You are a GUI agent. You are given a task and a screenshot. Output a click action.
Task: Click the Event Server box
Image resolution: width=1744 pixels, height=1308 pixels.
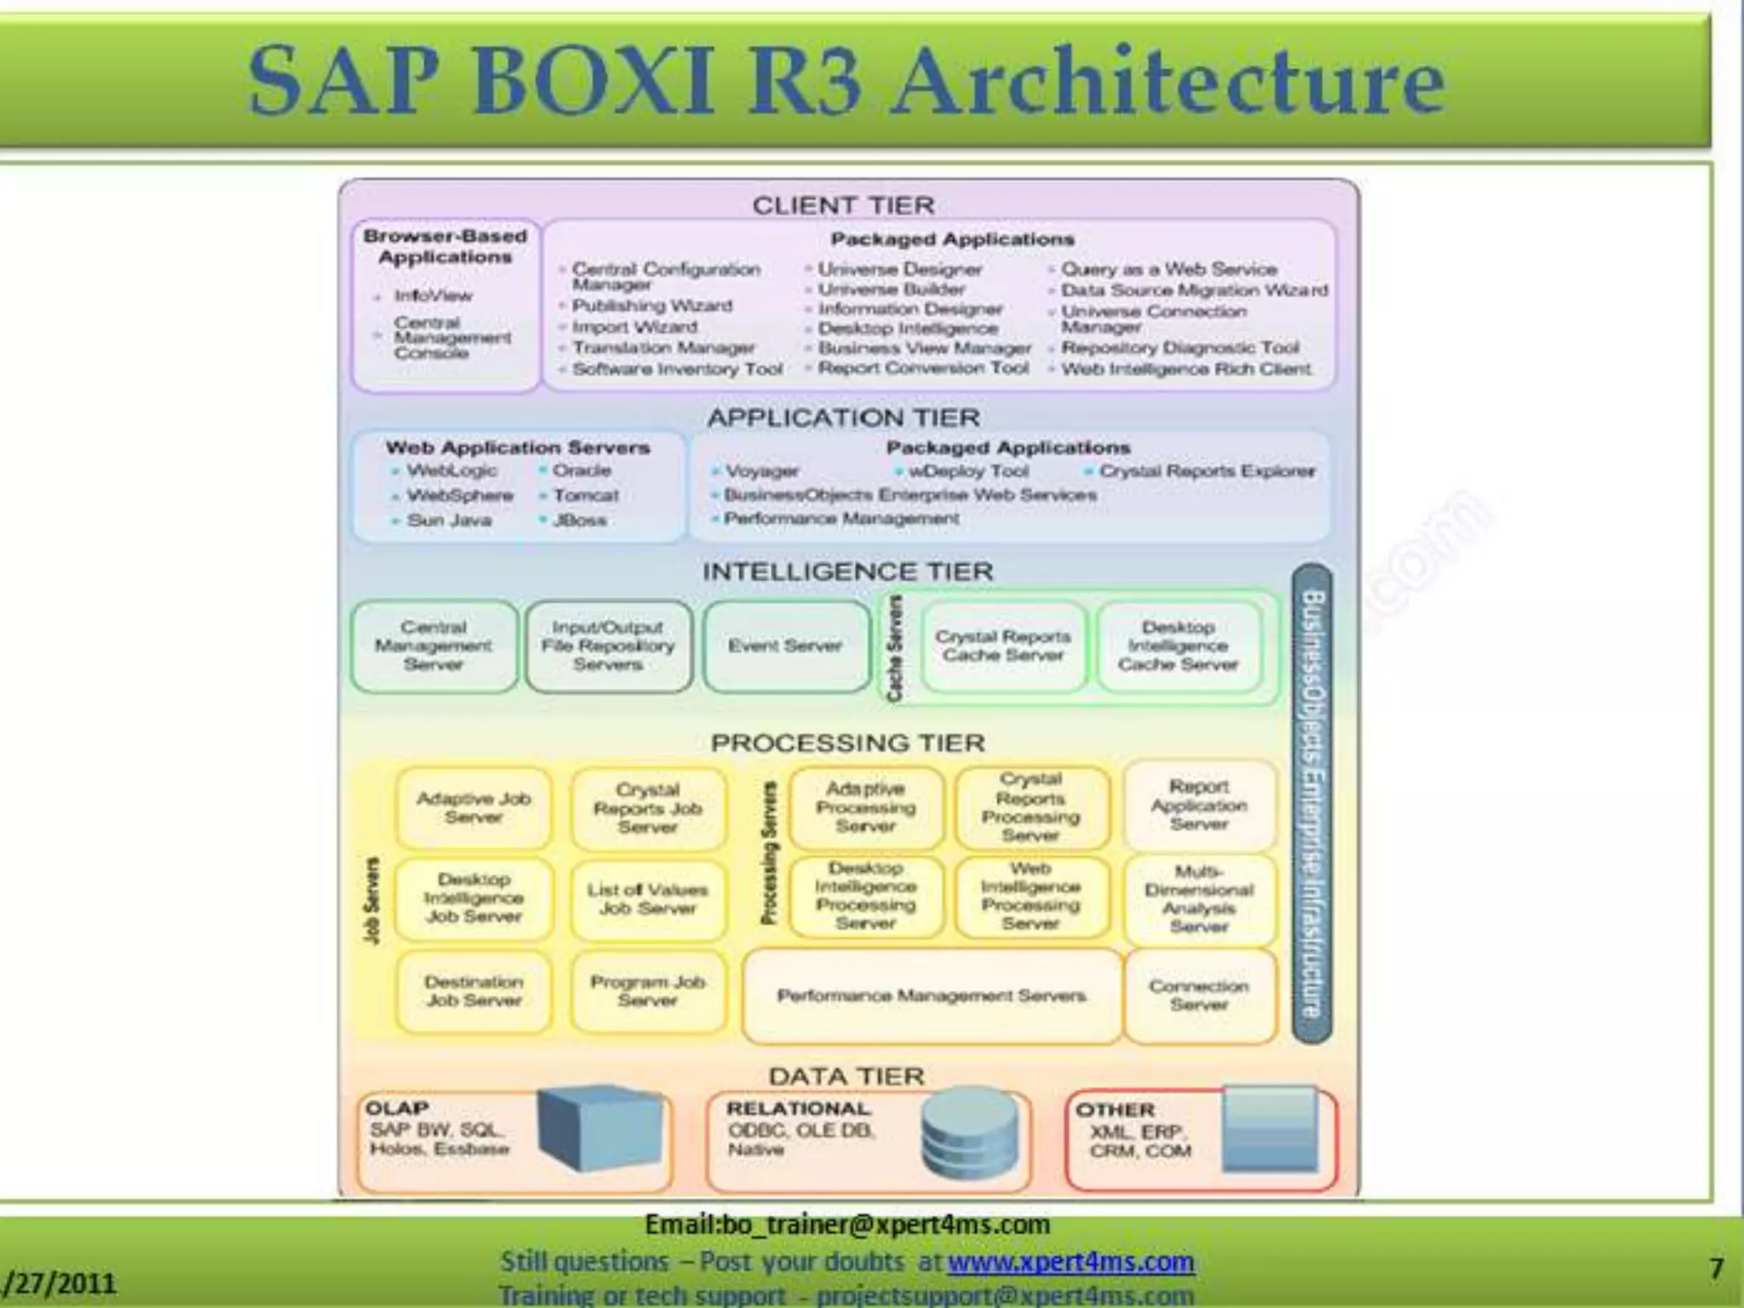pos(785,646)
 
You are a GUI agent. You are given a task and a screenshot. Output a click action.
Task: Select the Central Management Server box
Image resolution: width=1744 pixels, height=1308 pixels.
pos(433,646)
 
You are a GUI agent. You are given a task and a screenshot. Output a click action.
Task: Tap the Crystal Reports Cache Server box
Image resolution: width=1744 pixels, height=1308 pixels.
pos(1003,646)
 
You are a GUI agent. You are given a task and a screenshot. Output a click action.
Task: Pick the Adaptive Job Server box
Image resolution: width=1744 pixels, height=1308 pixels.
pos(473,807)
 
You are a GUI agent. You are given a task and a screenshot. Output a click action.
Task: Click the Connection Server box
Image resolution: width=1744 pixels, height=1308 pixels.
pos(1199,995)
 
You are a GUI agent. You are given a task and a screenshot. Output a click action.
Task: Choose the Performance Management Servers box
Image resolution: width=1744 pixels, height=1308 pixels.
pos(932,995)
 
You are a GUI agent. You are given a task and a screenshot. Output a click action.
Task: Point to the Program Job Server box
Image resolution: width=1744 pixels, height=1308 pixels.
pos(648,991)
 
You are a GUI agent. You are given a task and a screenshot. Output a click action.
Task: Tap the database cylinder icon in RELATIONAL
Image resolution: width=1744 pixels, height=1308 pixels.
pos(969,1133)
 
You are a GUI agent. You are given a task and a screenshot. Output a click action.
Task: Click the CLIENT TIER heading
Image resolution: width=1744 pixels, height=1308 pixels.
pos(843,205)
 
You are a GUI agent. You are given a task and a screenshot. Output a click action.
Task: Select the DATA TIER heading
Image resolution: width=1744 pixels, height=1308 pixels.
pos(846,1076)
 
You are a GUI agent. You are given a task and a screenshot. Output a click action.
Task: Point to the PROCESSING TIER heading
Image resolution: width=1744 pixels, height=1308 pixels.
pos(848,743)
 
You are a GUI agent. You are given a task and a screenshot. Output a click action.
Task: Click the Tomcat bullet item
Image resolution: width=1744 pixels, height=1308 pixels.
pos(585,496)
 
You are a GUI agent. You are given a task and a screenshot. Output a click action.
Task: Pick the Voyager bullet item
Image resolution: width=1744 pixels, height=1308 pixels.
pos(761,471)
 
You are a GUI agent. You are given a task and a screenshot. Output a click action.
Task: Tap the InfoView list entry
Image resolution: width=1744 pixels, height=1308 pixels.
pos(433,295)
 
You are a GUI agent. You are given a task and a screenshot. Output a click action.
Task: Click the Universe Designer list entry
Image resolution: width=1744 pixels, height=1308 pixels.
pos(899,269)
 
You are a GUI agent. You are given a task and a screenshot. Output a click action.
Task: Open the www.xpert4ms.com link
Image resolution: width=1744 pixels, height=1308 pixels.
pos(1070,1261)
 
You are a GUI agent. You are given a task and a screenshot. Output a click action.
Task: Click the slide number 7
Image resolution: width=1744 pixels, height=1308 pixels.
pos(1717,1269)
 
